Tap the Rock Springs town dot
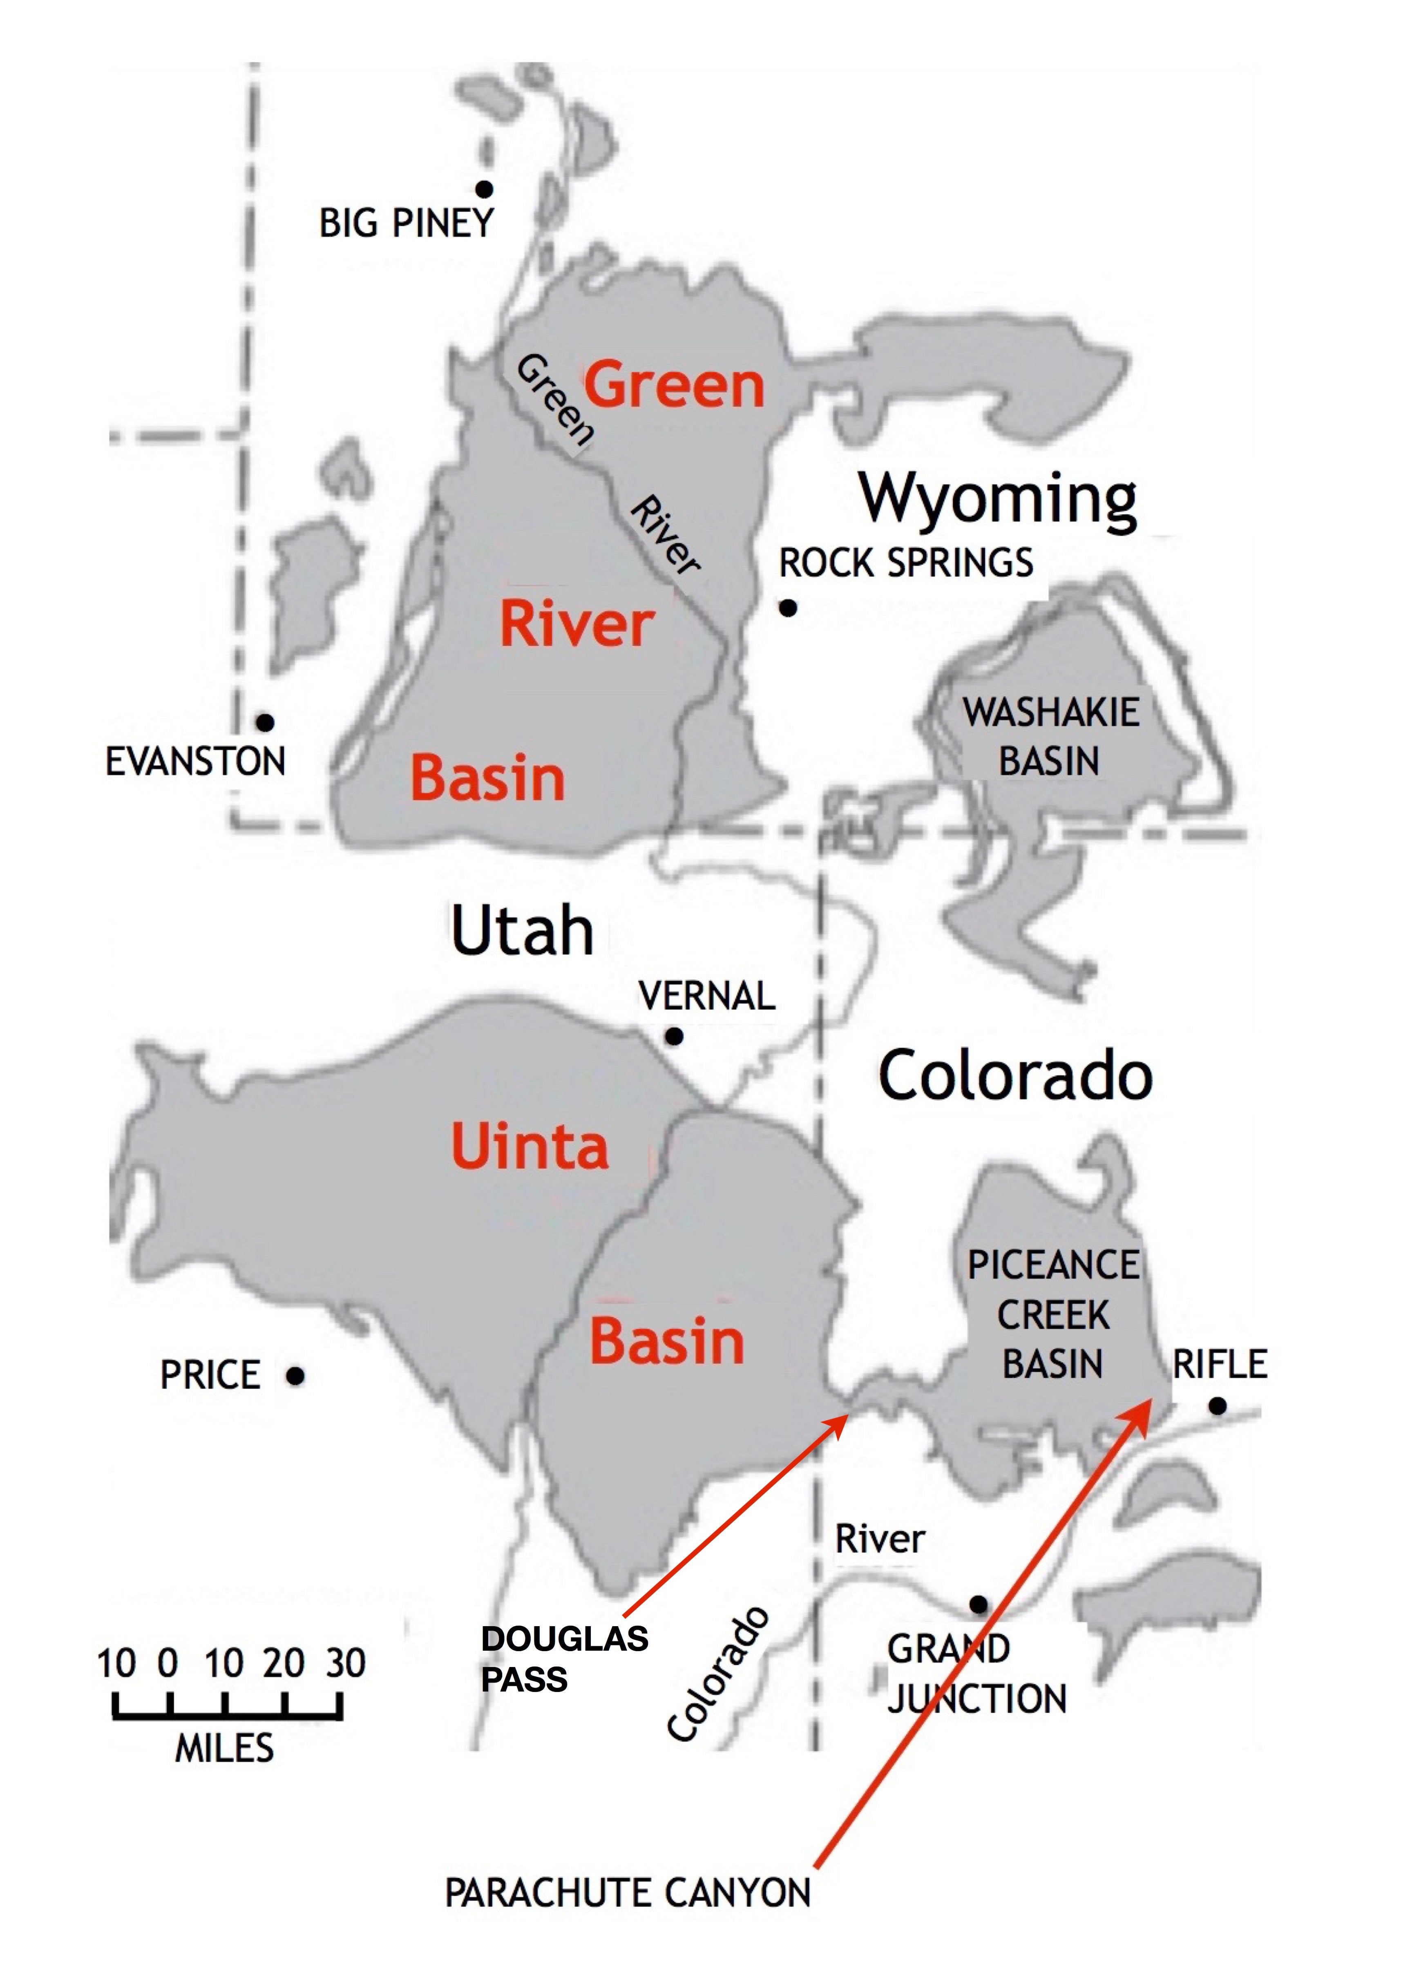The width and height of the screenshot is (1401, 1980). (788, 608)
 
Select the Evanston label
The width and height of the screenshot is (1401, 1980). (195, 762)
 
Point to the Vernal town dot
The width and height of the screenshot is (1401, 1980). (674, 1036)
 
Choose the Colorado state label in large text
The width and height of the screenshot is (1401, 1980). (1015, 1076)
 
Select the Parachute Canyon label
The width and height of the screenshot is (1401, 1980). (627, 1893)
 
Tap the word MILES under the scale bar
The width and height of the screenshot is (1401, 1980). (224, 1749)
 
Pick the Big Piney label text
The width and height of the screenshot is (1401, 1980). (406, 223)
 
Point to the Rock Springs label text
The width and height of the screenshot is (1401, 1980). (906, 563)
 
